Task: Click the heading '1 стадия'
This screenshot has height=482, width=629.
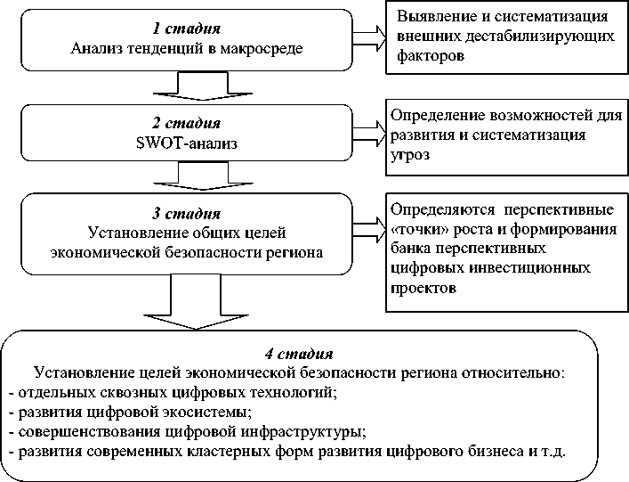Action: [187, 29]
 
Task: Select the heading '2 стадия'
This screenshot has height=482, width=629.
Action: [187, 123]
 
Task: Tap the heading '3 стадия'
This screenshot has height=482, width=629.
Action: [187, 215]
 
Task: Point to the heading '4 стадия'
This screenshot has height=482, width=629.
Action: [299, 353]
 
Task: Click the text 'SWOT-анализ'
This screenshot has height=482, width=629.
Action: [187, 142]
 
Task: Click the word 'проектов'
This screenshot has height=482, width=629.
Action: [423, 288]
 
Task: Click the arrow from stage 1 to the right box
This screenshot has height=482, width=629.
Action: [367, 37]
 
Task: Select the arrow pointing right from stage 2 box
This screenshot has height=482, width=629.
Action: [367, 134]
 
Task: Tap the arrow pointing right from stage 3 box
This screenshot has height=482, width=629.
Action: [367, 226]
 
